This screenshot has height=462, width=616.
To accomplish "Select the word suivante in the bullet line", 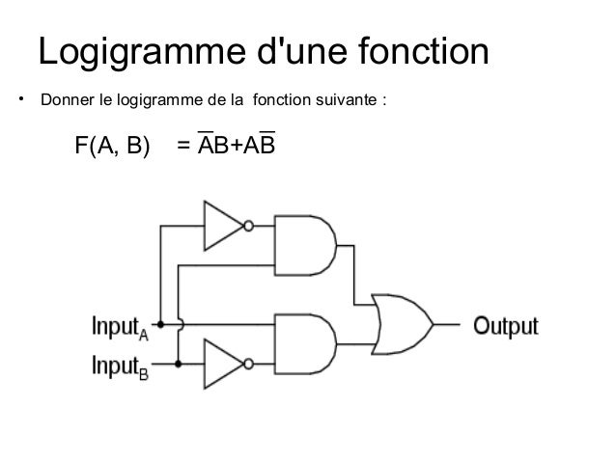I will click(351, 100).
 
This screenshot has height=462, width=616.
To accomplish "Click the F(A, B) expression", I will click(113, 146).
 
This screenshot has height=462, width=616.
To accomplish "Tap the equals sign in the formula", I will click(183, 146).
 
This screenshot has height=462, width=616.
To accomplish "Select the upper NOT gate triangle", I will click(221, 225).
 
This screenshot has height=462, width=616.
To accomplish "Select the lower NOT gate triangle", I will click(221, 363).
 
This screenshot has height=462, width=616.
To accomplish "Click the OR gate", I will click(401, 324).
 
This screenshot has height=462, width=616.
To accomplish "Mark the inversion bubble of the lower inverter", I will click(248, 363).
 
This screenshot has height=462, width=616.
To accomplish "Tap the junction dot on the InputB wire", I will click(180, 363).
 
